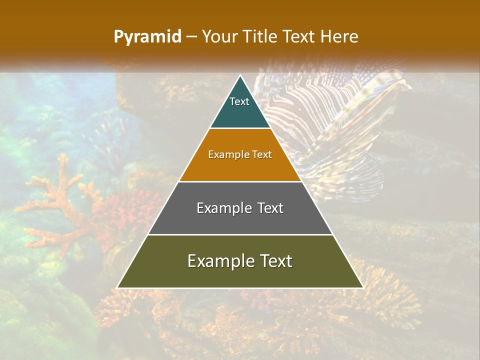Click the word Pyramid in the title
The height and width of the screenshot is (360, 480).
click(x=147, y=37)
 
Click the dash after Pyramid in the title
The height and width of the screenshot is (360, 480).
click(x=191, y=37)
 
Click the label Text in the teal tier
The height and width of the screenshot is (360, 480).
click(x=239, y=101)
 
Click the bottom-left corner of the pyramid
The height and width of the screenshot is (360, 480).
click(x=117, y=287)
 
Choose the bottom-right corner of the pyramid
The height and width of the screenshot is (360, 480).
click(x=362, y=287)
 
